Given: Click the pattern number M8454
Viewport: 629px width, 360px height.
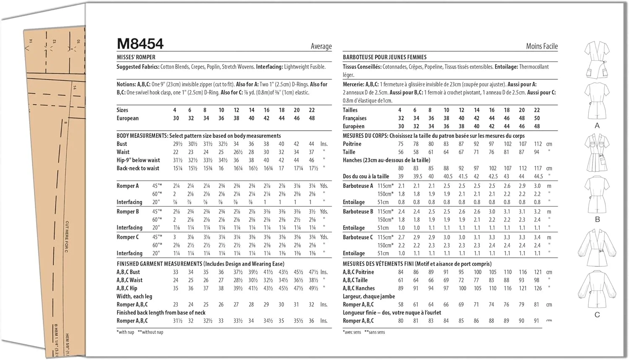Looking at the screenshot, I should point(140,44).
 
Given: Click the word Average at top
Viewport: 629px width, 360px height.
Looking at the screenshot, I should point(321,46).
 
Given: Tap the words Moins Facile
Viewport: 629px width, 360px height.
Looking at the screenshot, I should point(542,46).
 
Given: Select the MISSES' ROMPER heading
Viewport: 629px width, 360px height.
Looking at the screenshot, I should point(136,57).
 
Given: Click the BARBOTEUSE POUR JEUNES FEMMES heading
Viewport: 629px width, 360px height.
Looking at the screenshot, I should point(385,57).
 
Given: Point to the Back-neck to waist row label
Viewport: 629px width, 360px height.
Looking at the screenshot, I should point(138,168).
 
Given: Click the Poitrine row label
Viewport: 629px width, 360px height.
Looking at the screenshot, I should point(352,144).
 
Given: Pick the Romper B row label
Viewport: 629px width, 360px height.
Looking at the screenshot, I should point(127,211).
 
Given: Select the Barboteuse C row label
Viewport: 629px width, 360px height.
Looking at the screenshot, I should point(358,237).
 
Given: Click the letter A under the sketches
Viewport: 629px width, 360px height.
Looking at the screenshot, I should point(597,125).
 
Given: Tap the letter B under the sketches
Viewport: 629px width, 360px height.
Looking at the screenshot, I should point(597,219).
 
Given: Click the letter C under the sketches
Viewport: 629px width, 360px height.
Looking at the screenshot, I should point(597,314).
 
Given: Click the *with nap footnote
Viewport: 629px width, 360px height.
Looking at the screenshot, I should point(125,332).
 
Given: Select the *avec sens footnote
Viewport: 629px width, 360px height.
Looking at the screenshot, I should point(352,332).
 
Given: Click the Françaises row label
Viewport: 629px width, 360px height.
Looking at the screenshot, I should point(354,118).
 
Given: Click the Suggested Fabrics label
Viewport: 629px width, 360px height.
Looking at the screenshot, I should point(138,67).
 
